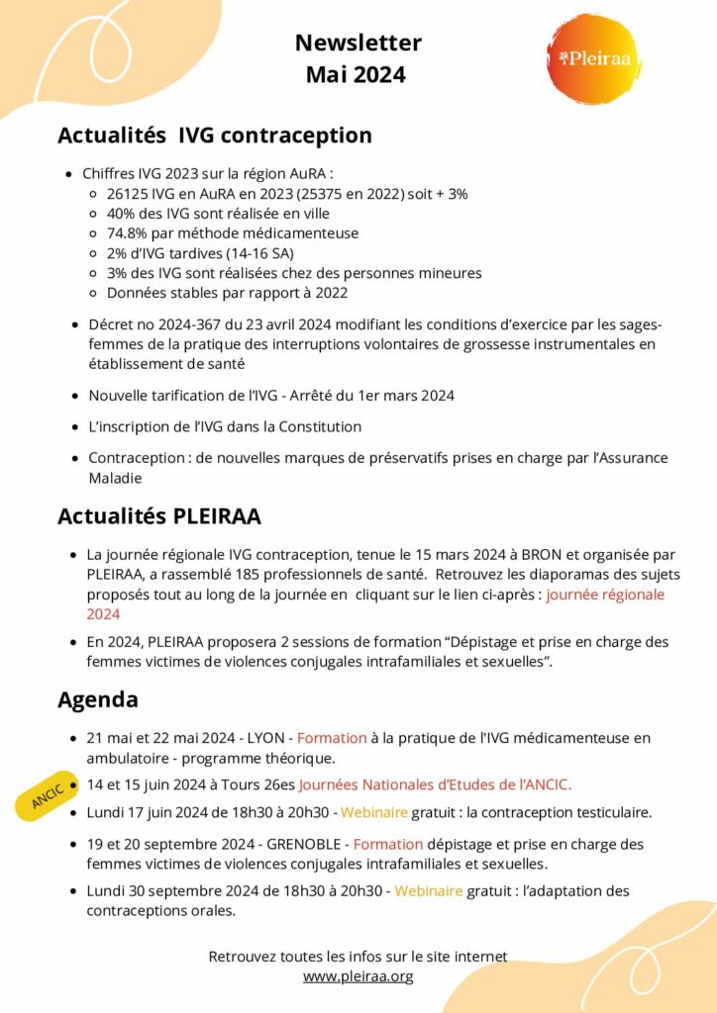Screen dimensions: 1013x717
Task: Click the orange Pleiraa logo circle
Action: tap(594, 58)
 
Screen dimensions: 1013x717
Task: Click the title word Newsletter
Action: tap(358, 43)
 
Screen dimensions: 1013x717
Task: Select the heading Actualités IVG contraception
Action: tap(215, 136)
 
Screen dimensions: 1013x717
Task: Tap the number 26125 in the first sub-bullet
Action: tap(127, 194)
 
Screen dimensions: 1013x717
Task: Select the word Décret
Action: tap(112, 324)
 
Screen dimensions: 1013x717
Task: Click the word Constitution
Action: tap(313, 427)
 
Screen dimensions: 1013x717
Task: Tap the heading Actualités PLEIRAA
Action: tap(159, 516)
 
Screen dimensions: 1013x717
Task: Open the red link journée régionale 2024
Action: tap(605, 595)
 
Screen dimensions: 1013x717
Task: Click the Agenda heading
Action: tap(98, 700)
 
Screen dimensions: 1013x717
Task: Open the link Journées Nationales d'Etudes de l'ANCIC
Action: tap(435, 784)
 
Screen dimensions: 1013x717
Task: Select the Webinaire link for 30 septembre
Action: tap(428, 891)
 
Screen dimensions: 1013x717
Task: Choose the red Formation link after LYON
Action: tap(332, 738)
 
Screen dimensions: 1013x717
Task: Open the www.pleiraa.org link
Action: tap(358, 976)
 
